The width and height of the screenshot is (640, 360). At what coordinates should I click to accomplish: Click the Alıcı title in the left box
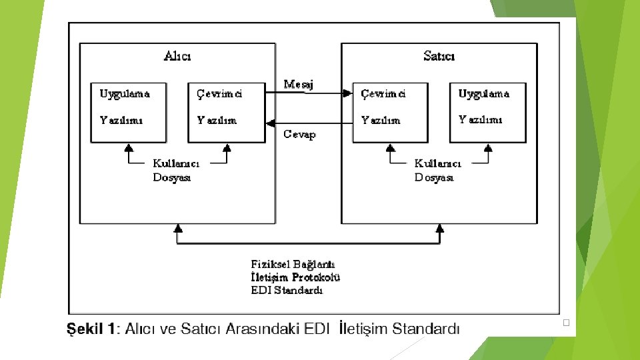click(x=177, y=56)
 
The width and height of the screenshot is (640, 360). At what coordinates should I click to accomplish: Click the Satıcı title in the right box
click(x=439, y=56)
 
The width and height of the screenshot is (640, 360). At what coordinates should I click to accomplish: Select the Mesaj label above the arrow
click(x=298, y=84)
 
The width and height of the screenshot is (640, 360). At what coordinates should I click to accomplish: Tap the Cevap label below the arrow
click(x=299, y=134)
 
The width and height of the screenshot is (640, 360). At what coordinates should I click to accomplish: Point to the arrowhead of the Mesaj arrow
click(x=347, y=93)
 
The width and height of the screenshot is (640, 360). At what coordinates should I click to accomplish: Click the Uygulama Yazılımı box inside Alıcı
click(x=128, y=112)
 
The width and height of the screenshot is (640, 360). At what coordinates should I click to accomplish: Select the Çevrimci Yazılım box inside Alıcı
click(x=226, y=112)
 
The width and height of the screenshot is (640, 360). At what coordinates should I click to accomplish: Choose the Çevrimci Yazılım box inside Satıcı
click(x=390, y=112)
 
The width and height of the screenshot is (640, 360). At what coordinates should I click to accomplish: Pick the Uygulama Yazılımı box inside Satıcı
click(x=487, y=112)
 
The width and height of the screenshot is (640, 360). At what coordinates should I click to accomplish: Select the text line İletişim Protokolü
click(x=295, y=277)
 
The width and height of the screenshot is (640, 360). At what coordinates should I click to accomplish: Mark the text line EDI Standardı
click(x=287, y=290)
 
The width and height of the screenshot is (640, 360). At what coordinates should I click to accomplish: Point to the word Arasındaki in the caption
click(x=263, y=329)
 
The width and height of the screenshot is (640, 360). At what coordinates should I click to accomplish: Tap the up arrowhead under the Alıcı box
click(x=177, y=229)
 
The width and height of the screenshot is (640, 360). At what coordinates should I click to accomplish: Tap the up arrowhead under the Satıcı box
click(x=439, y=229)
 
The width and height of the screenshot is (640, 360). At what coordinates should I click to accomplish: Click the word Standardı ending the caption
click(x=426, y=329)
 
